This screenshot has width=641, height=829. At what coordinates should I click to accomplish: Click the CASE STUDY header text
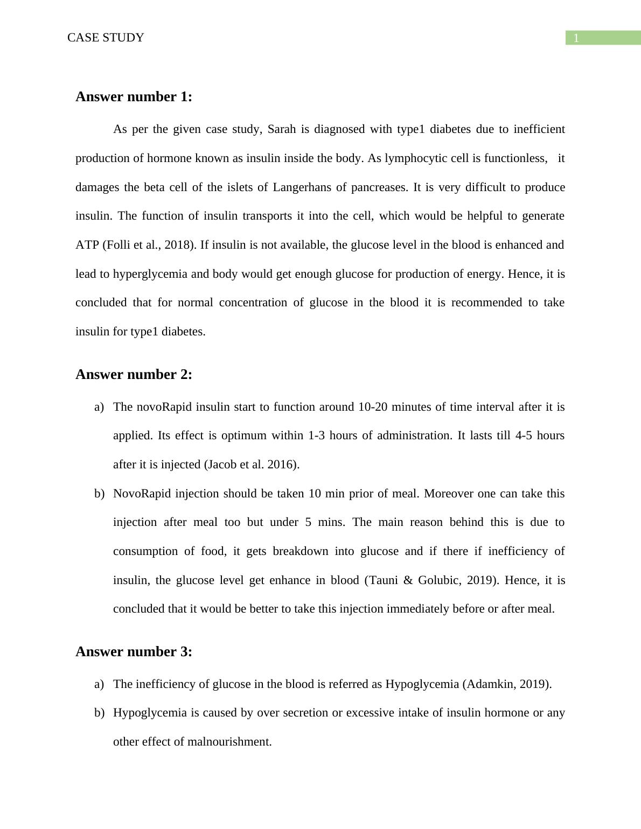[106, 38]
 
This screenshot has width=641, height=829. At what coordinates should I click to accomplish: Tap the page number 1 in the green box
[576, 38]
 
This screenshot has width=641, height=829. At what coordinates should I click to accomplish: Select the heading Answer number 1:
[134, 97]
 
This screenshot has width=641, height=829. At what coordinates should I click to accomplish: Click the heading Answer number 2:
[134, 375]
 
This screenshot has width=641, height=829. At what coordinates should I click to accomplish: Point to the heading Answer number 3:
[134, 652]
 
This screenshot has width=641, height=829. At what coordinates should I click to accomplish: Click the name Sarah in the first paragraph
[282, 130]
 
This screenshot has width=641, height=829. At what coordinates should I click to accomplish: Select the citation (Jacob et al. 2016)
[252, 465]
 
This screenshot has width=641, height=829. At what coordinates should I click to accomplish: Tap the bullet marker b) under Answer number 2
[99, 494]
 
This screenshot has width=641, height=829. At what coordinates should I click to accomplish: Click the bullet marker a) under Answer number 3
[99, 684]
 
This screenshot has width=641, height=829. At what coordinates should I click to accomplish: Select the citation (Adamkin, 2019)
[507, 684]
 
